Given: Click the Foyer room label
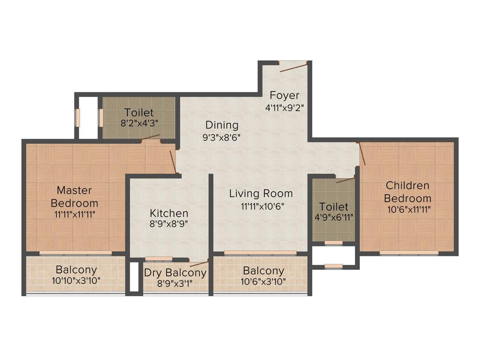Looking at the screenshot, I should click(285, 95).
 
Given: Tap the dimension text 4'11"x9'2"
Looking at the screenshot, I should click(285, 107).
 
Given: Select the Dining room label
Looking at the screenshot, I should click(222, 125).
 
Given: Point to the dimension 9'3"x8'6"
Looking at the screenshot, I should click(222, 138).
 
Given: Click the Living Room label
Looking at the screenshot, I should click(261, 193).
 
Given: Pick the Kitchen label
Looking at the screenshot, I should click(169, 213).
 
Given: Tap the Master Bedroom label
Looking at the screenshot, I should click(75, 197).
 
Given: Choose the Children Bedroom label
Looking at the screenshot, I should click(407, 192).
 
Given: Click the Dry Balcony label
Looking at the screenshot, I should click(175, 273).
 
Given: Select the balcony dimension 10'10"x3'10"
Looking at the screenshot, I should click(76, 281).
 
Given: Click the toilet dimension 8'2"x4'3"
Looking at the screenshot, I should click(139, 124).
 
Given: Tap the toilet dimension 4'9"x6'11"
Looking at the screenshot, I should click(334, 217).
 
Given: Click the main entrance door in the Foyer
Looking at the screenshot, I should click(293, 67).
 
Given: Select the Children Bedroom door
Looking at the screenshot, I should click(361, 154).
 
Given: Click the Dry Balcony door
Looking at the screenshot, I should click(199, 263).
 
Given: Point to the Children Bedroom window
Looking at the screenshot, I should click(409, 253).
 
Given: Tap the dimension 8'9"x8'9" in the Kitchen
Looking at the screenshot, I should click(169, 224).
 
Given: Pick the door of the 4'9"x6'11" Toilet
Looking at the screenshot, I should click(346, 180).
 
